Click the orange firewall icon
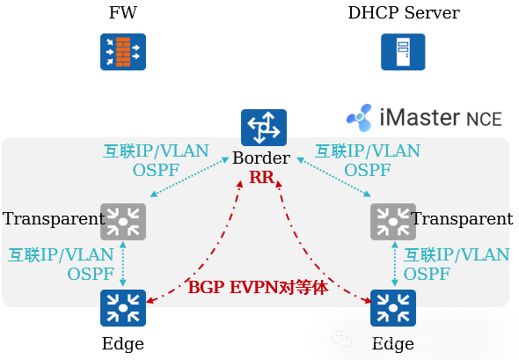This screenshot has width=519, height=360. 123,52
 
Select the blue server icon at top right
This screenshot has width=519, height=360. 403,52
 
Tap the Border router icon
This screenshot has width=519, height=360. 264,128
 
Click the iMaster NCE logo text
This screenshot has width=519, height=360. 428,117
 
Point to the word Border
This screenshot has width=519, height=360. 261,158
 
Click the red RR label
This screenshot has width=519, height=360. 261,178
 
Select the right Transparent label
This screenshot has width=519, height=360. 460,218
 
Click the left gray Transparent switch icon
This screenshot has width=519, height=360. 123,221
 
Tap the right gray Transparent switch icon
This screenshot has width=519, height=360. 392,221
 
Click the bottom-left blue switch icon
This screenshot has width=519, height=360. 123,307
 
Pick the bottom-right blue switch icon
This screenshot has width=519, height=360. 393,307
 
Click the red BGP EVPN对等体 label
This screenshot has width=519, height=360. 258,287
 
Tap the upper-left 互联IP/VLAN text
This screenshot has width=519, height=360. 157,151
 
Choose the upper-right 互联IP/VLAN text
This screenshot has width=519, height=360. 368,151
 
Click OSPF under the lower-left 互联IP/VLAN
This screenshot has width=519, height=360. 91,274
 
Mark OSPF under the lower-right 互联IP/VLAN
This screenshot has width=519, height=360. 428,274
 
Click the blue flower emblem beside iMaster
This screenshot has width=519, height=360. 360,118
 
